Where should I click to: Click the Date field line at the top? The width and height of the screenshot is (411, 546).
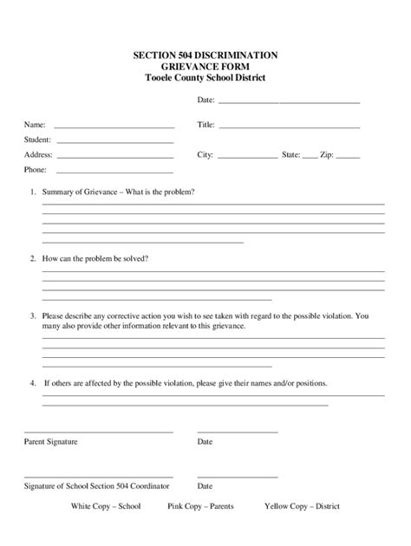point(288,102)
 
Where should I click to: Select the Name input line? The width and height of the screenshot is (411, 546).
point(114,127)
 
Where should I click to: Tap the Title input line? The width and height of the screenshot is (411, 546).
point(289,127)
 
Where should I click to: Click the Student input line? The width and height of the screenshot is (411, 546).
point(114,141)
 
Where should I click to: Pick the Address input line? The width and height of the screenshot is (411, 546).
point(114,157)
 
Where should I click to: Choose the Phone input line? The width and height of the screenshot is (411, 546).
point(114,172)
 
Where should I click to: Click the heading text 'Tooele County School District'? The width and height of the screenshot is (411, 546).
point(205,78)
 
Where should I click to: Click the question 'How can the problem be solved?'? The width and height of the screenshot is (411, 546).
point(95,258)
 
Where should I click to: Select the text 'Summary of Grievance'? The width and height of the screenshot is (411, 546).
point(79,191)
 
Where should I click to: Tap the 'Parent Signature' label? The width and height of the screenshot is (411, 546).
point(50,442)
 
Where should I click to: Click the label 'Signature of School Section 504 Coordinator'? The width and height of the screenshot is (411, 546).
point(97,486)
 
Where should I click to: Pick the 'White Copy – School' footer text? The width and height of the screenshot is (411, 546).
point(105,505)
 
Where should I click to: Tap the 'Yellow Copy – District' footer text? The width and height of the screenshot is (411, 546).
point(302,505)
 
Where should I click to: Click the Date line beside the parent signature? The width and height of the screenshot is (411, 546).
point(238,432)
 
